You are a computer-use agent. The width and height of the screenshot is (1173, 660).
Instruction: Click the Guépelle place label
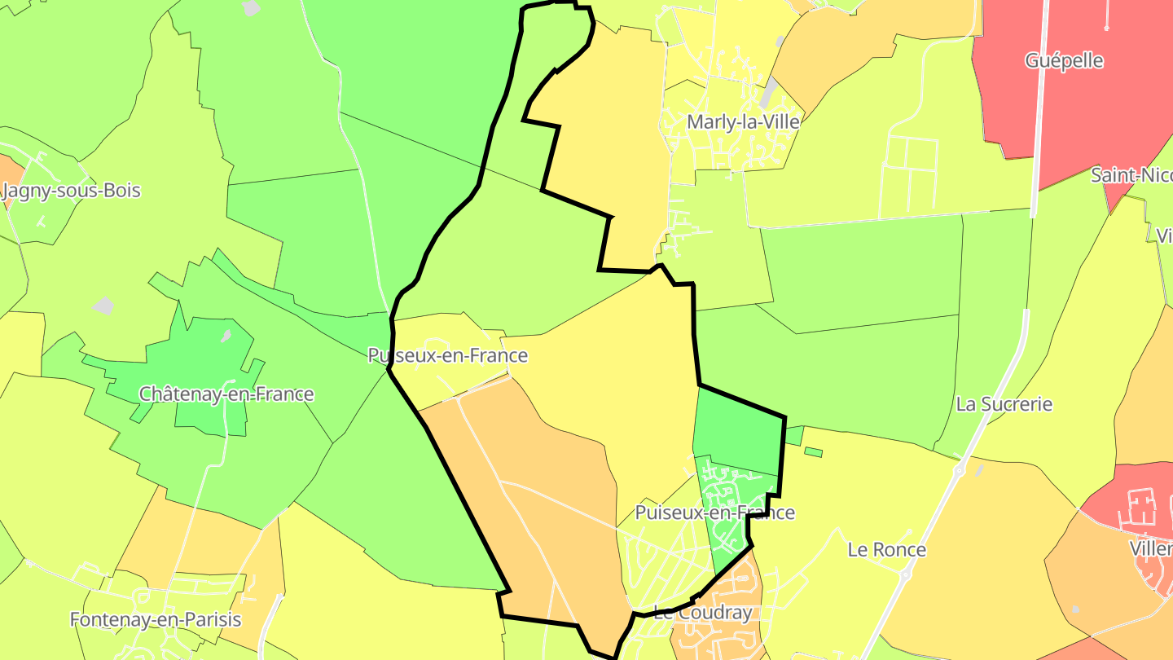(x=1064, y=61)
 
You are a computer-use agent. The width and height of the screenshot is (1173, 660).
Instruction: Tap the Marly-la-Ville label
(x=743, y=122)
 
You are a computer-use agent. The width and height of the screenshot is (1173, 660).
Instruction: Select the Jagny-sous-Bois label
(x=72, y=191)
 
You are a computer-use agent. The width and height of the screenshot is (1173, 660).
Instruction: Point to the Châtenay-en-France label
(x=226, y=394)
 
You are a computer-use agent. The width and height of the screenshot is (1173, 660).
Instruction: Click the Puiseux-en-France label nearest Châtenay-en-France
(x=447, y=356)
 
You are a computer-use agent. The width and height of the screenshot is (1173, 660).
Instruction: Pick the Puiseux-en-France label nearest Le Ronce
(x=714, y=513)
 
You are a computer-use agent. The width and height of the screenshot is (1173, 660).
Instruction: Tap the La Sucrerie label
(x=1004, y=404)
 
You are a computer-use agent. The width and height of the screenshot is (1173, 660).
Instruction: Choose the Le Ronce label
(x=887, y=550)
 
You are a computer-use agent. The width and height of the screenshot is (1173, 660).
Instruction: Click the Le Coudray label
(x=702, y=614)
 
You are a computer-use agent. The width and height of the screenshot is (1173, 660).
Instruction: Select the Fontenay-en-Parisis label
(x=156, y=619)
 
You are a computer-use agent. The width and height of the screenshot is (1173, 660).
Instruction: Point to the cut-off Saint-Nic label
(x=1132, y=175)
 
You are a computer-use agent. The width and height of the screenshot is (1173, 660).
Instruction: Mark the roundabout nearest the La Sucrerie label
(x=959, y=471)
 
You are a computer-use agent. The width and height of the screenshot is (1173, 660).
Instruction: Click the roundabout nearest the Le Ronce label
(x=906, y=575)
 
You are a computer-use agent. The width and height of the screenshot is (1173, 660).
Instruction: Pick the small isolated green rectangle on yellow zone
(x=813, y=451)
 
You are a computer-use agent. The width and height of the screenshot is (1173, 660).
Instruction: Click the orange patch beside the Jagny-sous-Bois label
(x=10, y=171)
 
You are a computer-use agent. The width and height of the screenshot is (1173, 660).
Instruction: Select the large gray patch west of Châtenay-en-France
(x=103, y=306)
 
